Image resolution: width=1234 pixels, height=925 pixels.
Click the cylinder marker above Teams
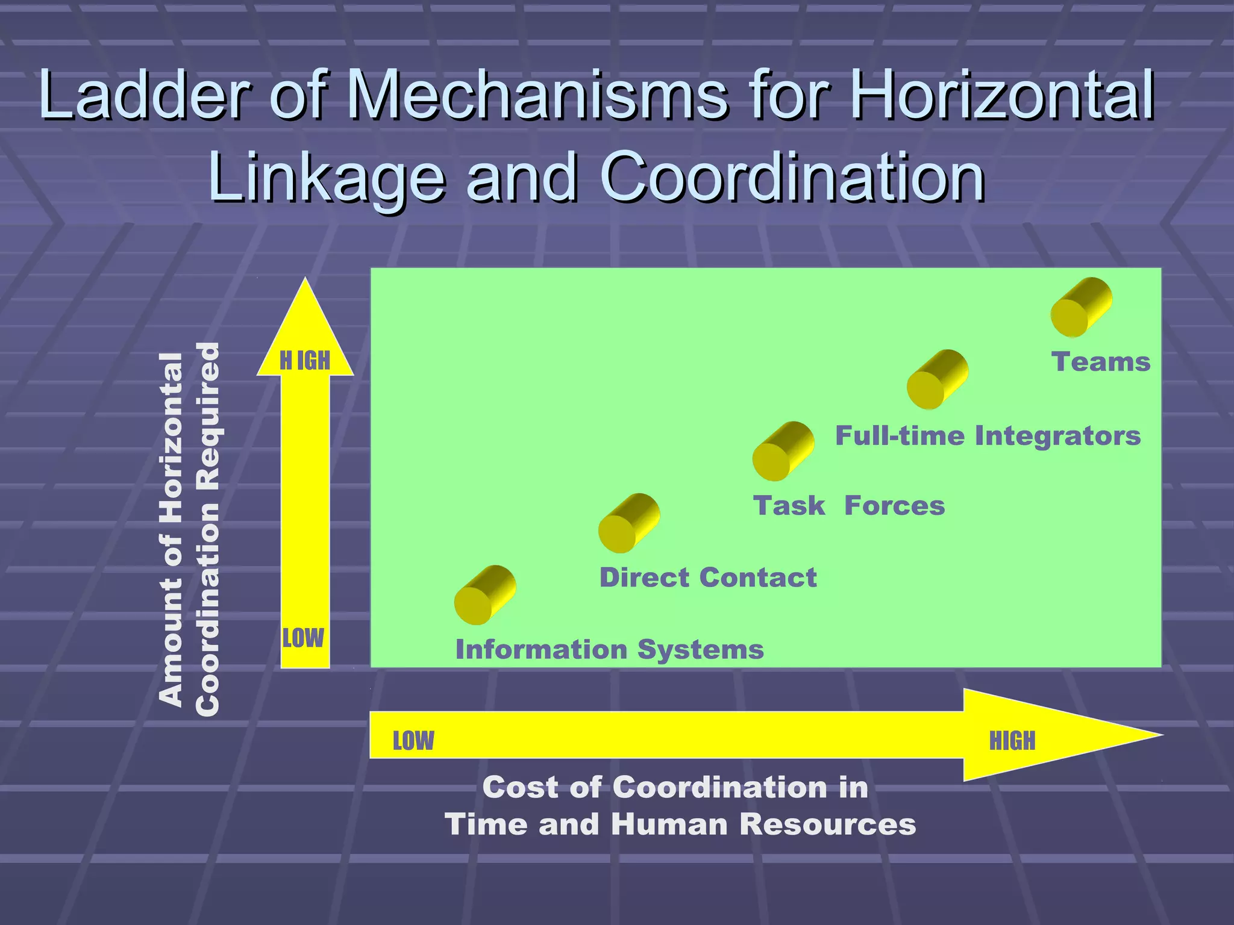pos(1081,307)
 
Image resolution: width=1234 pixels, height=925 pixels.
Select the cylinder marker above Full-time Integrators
pos(938,379)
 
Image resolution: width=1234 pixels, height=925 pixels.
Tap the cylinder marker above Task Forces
pos(783,451)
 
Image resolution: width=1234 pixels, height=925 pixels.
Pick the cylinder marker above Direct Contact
pos(629,523)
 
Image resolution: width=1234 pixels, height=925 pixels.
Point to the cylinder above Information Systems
pos(485,595)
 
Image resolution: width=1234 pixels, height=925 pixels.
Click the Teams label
pos(1101,362)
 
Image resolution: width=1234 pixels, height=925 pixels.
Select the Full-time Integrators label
pos(988,435)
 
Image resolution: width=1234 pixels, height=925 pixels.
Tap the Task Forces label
pos(848,505)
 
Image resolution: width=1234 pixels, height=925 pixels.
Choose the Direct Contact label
pos(708,577)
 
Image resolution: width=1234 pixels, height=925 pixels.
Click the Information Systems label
pos(609,649)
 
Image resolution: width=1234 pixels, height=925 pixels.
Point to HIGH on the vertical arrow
pos(305,360)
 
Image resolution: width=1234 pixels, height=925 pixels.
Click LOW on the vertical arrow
pos(303,638)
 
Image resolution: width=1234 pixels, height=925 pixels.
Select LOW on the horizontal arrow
pos(413,741)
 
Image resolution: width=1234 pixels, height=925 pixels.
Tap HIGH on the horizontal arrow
pos(1012,741)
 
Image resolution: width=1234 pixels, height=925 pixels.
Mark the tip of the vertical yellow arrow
pos(305,282)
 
